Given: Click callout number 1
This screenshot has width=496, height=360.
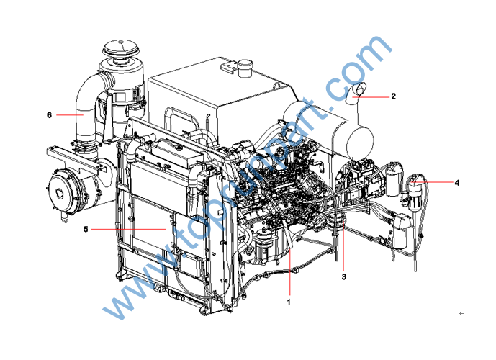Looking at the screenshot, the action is (289, 302).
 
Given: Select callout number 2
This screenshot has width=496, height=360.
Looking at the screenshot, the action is (394, 96).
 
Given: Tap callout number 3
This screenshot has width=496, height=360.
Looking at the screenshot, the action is (344, 276).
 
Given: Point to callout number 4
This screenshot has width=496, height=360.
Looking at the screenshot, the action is (457, 183).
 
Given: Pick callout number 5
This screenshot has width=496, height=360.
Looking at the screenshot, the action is (86, 229).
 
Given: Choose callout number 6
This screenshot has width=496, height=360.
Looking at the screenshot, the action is (49, 114).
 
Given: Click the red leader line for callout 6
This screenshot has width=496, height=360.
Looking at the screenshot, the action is (70, 114).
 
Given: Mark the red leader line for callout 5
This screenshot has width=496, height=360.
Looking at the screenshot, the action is (128, 229).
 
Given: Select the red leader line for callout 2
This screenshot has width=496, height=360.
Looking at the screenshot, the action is (371, 96).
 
